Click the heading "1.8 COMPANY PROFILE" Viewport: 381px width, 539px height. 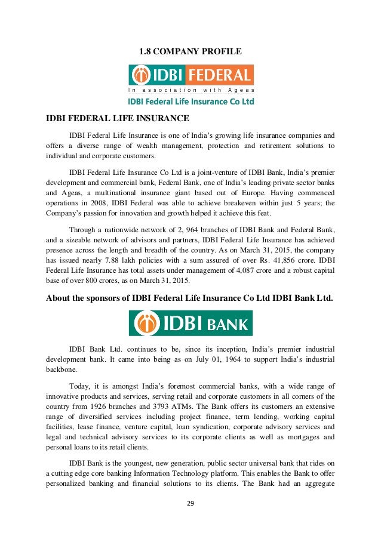click(190, 52)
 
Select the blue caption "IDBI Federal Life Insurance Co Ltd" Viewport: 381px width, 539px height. click(191, 101)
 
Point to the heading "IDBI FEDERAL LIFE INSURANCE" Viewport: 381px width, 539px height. click(118, 118)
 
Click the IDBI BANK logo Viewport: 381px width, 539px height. click(190, 322)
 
